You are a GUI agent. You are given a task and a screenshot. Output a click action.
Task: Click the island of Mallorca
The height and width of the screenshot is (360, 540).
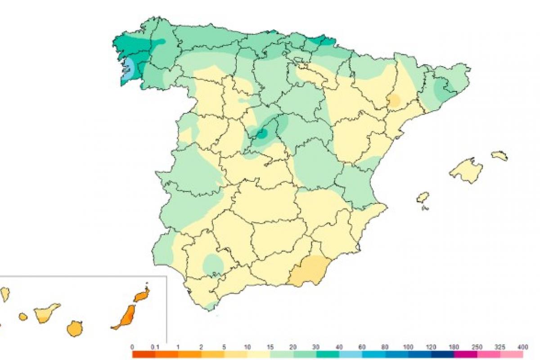coord(466,171)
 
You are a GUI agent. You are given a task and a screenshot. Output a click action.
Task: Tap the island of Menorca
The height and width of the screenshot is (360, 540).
coord(499,156)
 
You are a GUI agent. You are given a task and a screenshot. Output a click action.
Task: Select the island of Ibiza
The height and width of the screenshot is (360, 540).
coord(423,197)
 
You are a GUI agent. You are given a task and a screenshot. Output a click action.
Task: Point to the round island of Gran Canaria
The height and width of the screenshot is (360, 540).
coord(75,328)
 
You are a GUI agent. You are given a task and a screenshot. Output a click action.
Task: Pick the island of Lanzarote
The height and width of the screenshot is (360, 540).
coord(141,295)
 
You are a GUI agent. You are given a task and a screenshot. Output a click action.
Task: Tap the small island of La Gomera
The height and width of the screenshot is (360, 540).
coord(23,317)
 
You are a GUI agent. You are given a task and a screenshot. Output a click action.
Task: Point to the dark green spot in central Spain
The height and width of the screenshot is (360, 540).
coord(261,133)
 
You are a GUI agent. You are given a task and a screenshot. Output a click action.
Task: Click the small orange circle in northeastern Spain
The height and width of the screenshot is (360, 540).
coord(394,100)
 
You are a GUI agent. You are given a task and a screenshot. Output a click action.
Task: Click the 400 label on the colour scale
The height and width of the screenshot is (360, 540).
coord(522,347)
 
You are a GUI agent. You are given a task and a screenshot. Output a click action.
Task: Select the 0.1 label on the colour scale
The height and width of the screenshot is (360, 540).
coord(155,347)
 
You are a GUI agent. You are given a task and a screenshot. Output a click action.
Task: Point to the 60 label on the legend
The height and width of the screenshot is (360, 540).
coord(362,347)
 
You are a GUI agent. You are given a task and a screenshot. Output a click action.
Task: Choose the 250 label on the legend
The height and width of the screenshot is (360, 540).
coord(476,347)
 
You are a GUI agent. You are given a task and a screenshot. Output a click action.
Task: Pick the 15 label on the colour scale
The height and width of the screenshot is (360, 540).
coord(270,347)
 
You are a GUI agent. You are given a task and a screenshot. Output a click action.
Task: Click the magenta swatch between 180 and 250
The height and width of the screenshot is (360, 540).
coord(465,354)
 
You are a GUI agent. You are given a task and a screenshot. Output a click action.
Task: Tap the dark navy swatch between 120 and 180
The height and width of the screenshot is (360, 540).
coord(442,354)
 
